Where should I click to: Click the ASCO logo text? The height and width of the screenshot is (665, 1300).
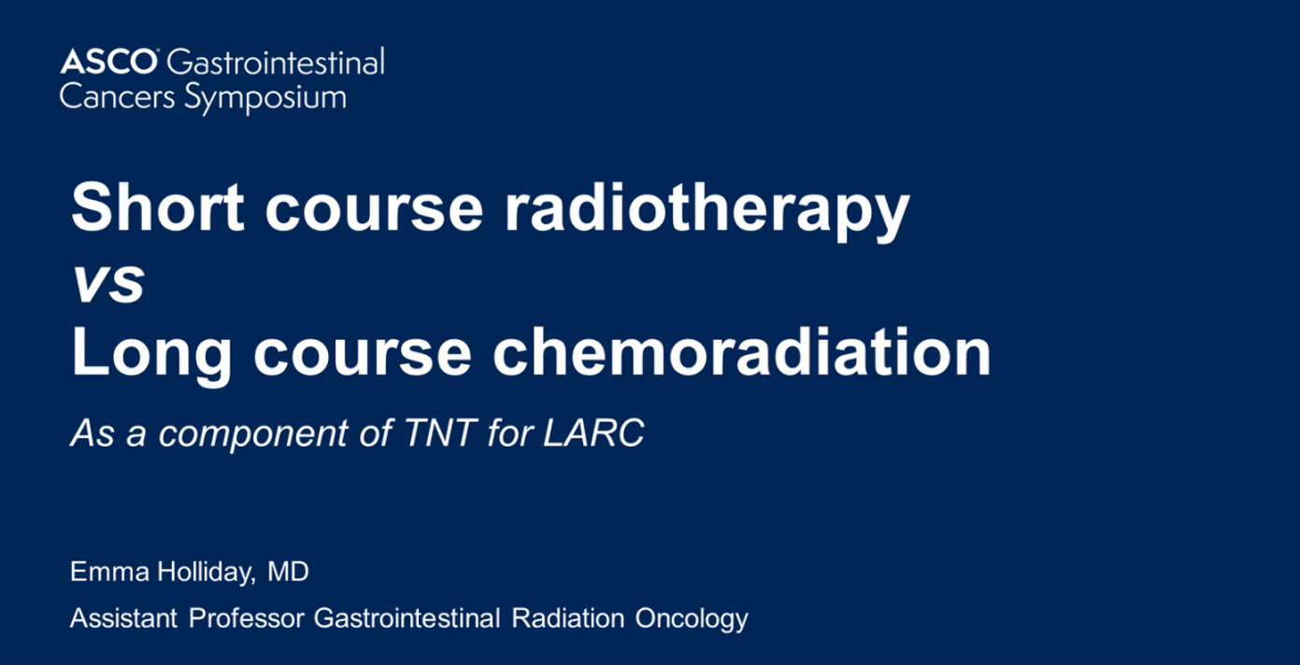(108, 62)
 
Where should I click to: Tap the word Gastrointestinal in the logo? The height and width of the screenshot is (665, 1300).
(276, 62)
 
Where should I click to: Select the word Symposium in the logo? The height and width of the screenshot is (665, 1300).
(265, 97)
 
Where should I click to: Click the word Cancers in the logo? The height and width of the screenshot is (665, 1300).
(117, 97)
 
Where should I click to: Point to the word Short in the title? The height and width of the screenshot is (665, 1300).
(158, 207)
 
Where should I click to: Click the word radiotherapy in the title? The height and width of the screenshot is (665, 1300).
(707, 210)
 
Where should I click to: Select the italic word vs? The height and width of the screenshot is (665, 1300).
(108, 284)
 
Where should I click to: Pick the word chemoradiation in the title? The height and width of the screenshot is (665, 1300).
(742, 351)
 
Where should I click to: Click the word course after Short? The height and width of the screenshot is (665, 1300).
(375, 212)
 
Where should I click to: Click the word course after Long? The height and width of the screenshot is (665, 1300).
(363, 357)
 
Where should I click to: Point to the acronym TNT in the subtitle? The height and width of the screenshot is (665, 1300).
(440, 432)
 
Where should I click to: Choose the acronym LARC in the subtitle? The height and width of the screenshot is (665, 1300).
(593, 432)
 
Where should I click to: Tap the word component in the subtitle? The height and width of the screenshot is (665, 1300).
(253, 435)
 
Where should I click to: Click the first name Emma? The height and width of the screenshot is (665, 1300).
(109, 572)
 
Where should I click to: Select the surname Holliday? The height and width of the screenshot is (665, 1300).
(206, 573)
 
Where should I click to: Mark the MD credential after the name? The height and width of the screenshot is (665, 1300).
(288, 572)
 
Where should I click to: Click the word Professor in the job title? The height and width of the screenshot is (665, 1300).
(247, 618)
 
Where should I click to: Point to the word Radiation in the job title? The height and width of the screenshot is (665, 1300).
(568, 618)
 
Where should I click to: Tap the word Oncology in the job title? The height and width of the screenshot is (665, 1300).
(692, 620)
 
